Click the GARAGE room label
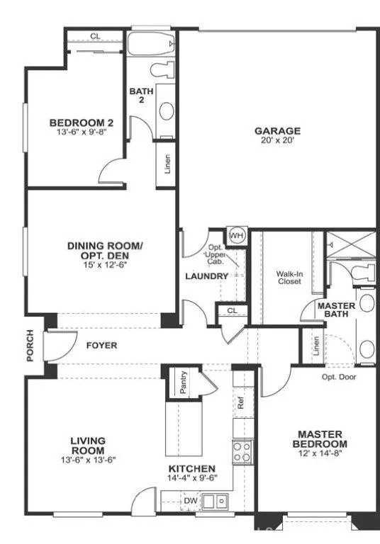[277, 130]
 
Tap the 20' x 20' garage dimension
[277, 140]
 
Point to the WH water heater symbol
[236, 235]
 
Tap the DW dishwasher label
[189, 501]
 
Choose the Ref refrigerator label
[241, 404]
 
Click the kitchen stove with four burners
[242, 450]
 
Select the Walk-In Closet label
[289, 276]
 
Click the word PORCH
[30, 345]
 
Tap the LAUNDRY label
[207, 276]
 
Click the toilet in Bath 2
[164, 69]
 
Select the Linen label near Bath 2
[167, 165]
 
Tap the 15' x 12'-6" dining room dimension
[105, 256]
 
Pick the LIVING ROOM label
[88, 445]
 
